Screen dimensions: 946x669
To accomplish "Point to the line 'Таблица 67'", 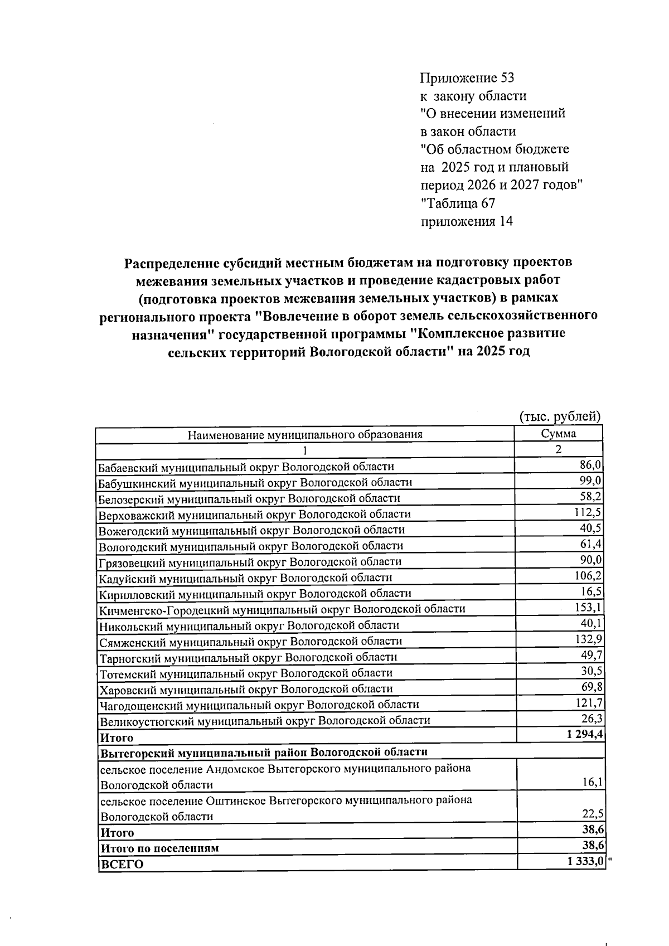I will (458, 203).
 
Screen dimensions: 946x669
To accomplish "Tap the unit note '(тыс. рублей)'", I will (559, 416).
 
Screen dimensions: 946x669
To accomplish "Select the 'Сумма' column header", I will (558, 434).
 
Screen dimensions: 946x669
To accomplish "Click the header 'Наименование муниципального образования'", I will (304, 435).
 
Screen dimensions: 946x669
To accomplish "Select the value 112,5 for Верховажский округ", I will (588, 512).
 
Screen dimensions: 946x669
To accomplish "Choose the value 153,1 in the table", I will (588, 607).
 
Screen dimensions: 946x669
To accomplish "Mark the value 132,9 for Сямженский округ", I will (588, 639).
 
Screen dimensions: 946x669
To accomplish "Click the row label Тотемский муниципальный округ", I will (246, 673).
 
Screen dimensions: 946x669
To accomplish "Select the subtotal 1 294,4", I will (584, 734).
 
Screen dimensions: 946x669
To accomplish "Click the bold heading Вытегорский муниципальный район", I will (263, 752).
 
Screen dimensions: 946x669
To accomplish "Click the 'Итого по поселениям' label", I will (159, 848).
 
